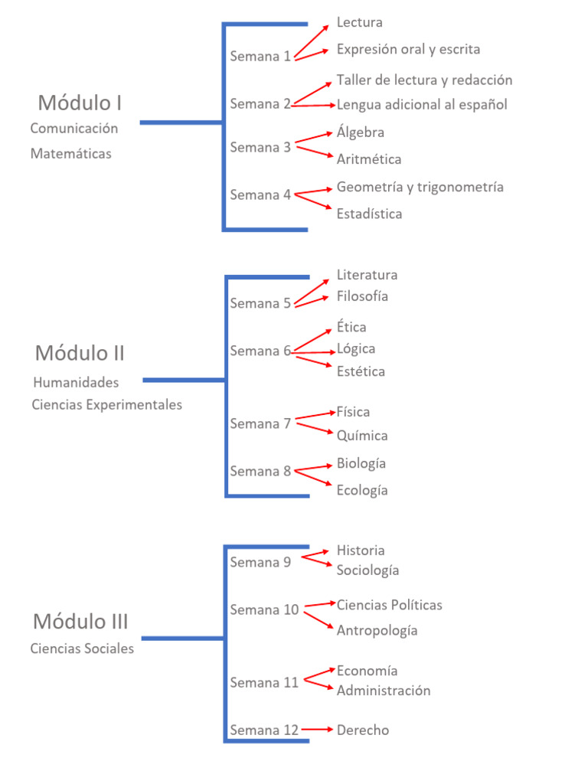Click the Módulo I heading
tap(80, 103)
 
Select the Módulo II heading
tap(80, 353)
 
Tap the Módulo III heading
tap(80, 621)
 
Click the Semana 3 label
tap(260, 147)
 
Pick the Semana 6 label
tap(260, 351)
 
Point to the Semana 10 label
tap(264, 609)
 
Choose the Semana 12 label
tap(264, 730)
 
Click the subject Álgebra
tap(360, 132)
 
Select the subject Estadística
tap(369, 214)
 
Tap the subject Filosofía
tap(362, 296)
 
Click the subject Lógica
tap(356, 348)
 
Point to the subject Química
tap(362, 436)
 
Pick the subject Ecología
tap(362, 490)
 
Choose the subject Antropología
tap(377, 630)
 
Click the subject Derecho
tap(362, 730)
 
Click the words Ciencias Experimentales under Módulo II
tap(107, 404)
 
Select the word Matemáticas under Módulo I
tap(70, 153)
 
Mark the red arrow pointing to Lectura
tap(314, 38)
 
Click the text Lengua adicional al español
tap(422, 104)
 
